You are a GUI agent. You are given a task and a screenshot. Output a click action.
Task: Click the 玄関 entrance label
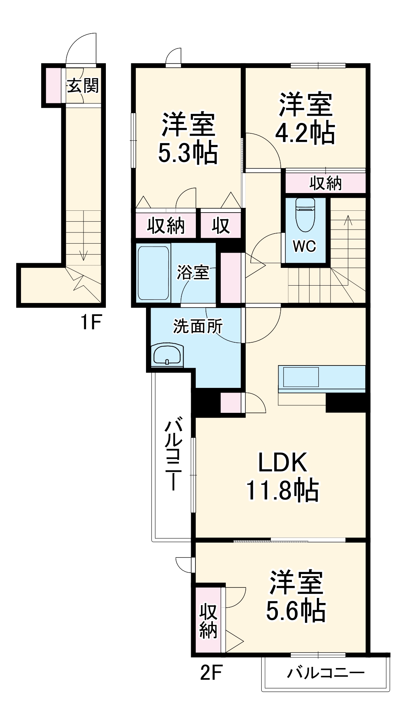click(x=83, y=86)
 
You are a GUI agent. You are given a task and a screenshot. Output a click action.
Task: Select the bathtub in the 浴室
click(x=154, y=273)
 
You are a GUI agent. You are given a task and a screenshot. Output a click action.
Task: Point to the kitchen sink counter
click(x=301, y=377)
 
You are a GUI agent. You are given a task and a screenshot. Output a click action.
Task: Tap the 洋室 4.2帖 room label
click(x=305, y=119)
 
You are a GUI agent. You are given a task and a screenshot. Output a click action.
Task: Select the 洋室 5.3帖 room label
click(x=188, y=138)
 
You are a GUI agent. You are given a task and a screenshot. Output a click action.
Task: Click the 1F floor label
click(x=91, y=322)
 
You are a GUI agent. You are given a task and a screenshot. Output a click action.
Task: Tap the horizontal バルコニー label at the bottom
click(x=326, y=673)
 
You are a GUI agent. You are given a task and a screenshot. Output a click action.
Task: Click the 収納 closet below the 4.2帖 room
click(x=325, y=183)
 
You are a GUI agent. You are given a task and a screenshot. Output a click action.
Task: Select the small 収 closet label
click(x=221, y=226)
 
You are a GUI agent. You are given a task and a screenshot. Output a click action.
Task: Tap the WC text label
click(x=304, y=247)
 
